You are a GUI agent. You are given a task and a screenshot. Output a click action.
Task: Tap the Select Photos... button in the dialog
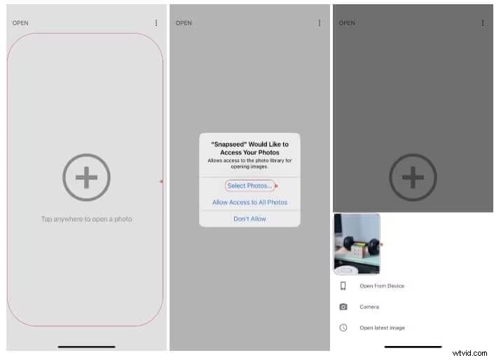tap(249, 186)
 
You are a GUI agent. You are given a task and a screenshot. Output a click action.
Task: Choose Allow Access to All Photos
tap(249, 202)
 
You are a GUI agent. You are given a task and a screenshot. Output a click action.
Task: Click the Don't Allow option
tap(249, 219)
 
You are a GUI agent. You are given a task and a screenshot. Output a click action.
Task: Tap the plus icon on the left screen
tap(86, 178)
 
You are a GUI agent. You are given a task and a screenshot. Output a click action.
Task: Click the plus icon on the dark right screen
tap(413, 178)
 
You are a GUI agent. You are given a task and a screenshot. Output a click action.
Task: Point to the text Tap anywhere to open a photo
tap(86, 219)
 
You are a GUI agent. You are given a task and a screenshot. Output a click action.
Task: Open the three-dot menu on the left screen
tap(156, 23)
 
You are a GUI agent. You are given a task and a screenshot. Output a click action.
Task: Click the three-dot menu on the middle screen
tap(320, 23)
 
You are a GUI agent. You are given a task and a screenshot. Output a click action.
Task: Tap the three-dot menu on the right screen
tap(483, 23)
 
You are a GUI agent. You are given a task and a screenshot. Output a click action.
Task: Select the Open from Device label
tap(382, 286)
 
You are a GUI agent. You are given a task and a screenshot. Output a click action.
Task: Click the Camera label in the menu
tap(369, 307)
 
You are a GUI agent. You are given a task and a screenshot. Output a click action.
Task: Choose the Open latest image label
tap(382, 328)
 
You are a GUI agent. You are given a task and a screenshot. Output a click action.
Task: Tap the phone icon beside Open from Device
tap(343, 286)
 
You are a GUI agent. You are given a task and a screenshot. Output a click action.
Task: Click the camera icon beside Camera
tap(343, 307)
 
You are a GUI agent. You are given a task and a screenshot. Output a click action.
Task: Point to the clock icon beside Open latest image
tap(343, 328)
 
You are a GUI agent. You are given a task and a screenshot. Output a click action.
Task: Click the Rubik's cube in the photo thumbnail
tap(360, 250)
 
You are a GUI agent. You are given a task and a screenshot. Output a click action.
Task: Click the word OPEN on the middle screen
tap(184, 23)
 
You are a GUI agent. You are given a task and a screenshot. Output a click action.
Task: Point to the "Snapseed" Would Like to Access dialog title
tap(249, 148)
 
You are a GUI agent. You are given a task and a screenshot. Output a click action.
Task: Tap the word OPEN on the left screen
tap(20, 23)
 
